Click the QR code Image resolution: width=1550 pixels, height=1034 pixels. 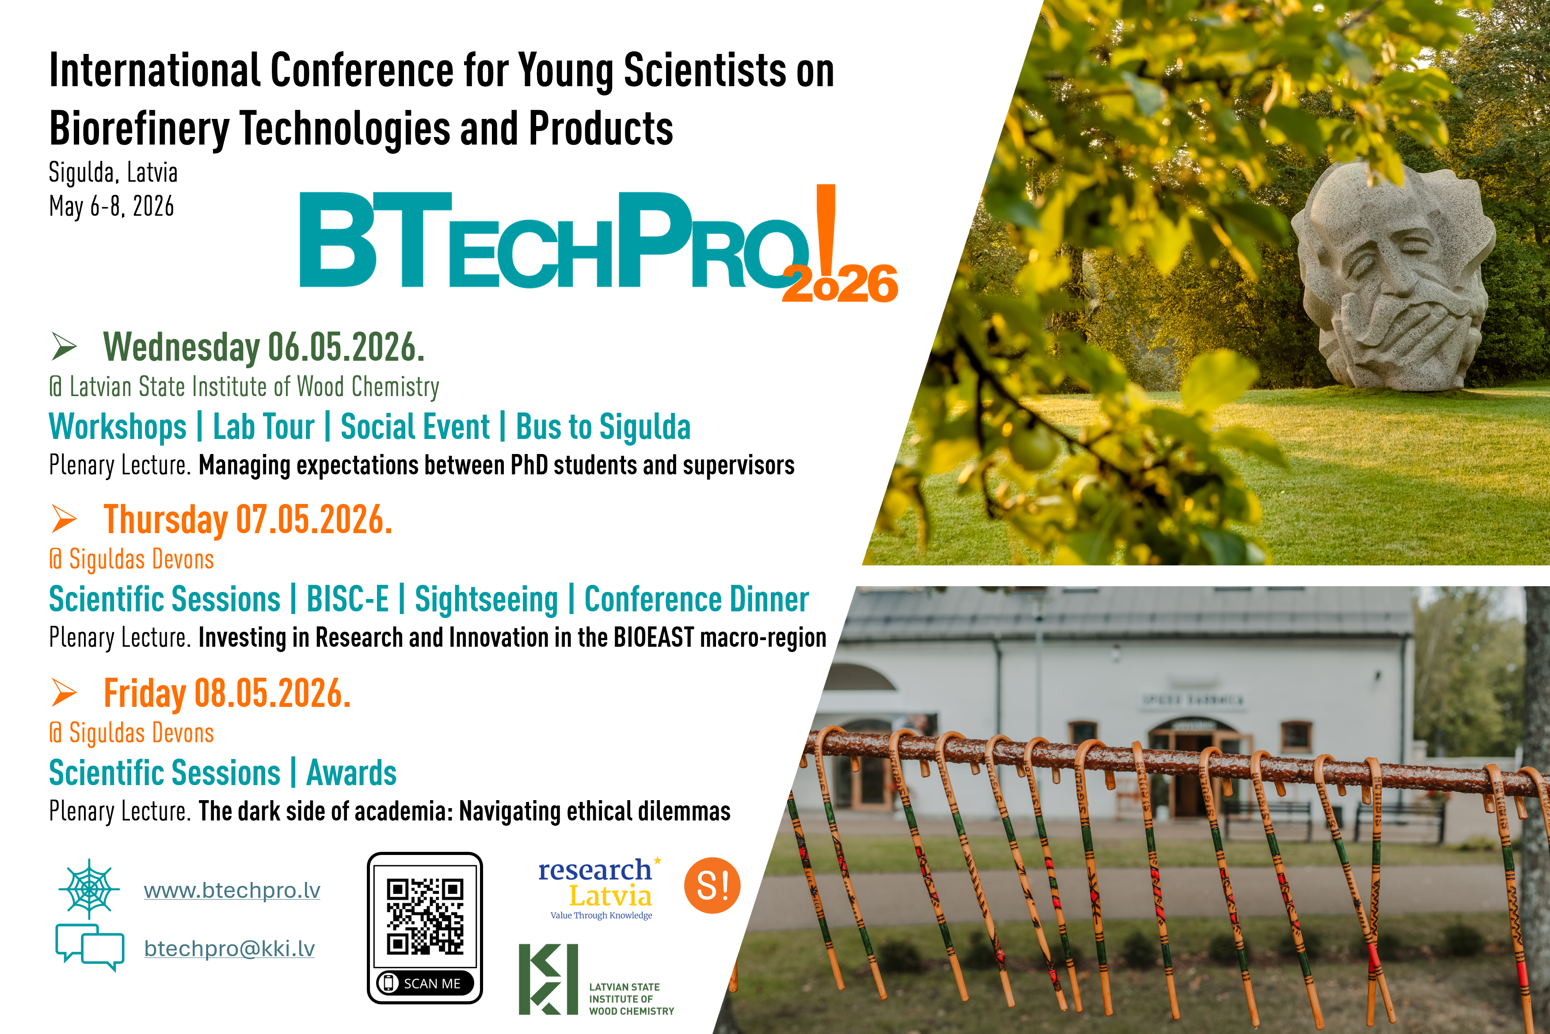coord(425,916)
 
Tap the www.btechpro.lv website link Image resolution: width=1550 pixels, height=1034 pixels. coord(232,890)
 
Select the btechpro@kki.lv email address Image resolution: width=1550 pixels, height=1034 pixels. coord(229,948)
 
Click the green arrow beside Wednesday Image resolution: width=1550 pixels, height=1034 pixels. coord(64,346)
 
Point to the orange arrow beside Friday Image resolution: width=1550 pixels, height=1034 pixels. coord(64,692)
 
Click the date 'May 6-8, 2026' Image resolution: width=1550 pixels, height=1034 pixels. coord(111,206)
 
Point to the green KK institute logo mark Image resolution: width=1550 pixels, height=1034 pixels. coord(548,979)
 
